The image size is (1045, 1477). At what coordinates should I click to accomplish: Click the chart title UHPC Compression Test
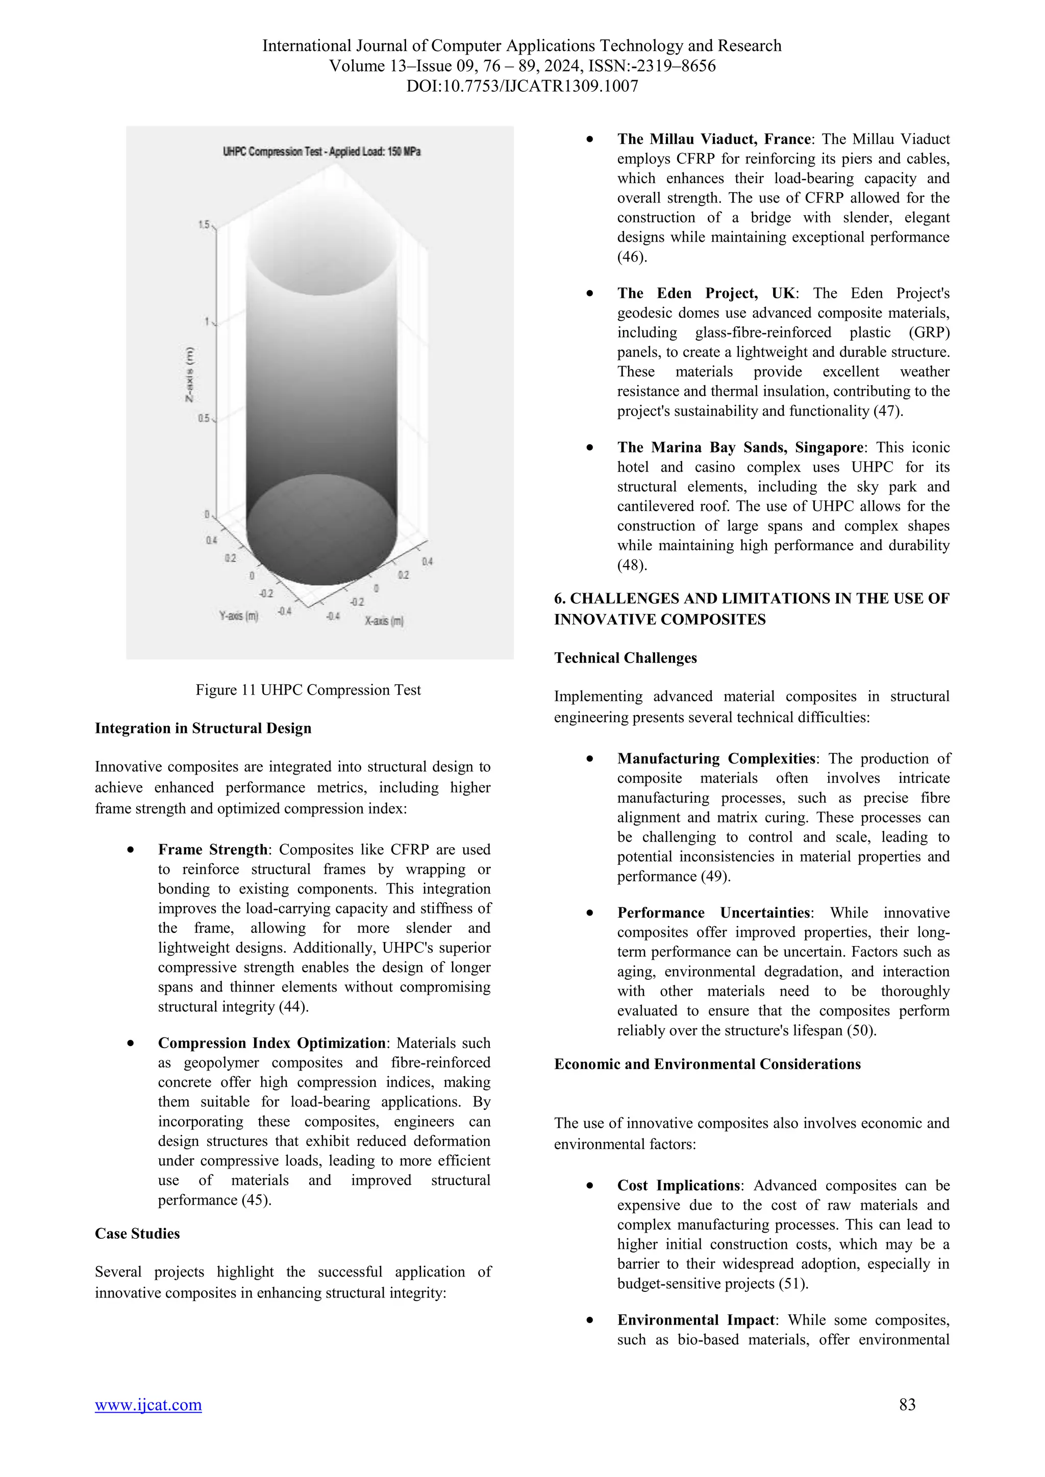pos(321,152)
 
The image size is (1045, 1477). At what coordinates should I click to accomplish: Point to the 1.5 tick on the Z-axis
pos(204,224)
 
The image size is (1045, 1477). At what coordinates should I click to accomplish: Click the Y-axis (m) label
pos(239,616)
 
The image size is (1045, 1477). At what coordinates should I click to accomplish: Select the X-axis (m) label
pos(384,621)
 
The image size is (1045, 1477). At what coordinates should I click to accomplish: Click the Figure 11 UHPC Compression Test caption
pos(308,690)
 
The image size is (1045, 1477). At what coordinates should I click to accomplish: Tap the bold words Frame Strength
pos(212,849)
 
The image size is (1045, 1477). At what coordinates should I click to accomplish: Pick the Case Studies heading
pos(137,1233)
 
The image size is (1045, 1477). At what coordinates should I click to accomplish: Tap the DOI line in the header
pos(522,86)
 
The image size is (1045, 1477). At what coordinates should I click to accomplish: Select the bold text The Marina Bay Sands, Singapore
pos(740,447)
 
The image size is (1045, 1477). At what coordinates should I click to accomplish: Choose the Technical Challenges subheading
pos(626,657)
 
